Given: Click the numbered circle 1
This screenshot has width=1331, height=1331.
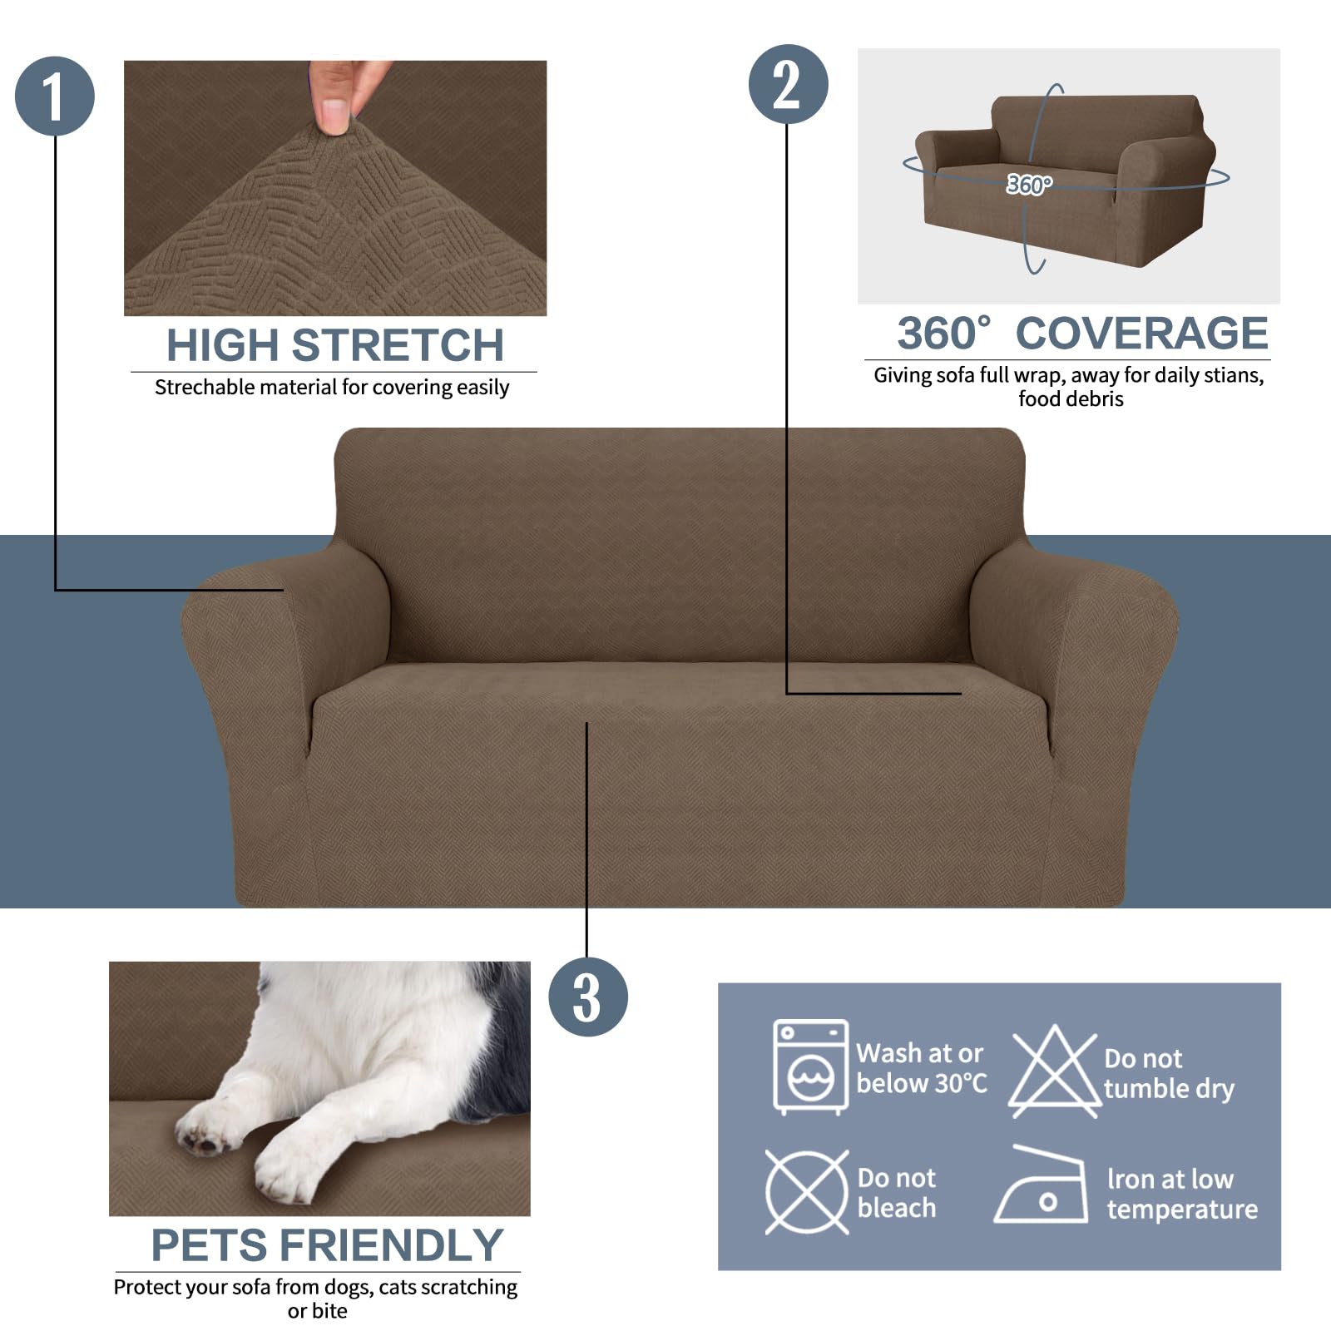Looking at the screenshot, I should tap(55, 96).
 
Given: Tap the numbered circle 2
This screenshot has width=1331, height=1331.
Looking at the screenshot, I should tap(788, 84).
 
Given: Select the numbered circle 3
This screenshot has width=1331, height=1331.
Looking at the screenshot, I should tap(587, 997).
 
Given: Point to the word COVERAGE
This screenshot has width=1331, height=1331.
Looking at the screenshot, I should tap(1141, 334).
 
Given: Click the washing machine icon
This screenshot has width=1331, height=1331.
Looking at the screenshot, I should tap(810, 1066).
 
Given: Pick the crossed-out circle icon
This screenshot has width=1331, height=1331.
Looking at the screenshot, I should tap(806, 1192).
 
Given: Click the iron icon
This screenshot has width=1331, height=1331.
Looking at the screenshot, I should tap(1042, 1188).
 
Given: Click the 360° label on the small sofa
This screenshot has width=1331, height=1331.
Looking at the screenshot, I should tap(1029, 184).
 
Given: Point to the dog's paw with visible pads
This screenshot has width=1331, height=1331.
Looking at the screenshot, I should tap(204, 1135).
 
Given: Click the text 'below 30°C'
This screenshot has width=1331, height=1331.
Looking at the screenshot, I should tap(921, 1083).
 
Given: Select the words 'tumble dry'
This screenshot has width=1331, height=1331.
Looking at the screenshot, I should tap(1169, 1088).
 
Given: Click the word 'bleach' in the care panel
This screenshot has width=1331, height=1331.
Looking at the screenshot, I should tap(896, 1208).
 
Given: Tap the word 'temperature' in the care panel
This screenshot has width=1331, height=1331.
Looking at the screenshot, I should tap(1181, 1210).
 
